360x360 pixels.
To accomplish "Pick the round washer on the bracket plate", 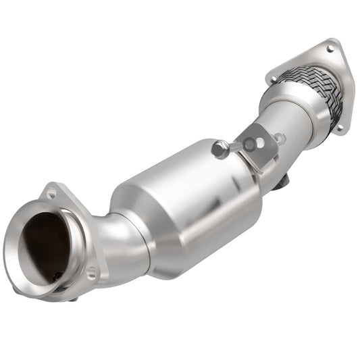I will tap(250, 144).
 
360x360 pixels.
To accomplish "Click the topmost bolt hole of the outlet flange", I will tap(330, 49).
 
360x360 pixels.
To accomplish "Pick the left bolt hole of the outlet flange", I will tap(273, 80).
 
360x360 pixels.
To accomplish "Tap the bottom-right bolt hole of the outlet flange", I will tap(339, 126).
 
